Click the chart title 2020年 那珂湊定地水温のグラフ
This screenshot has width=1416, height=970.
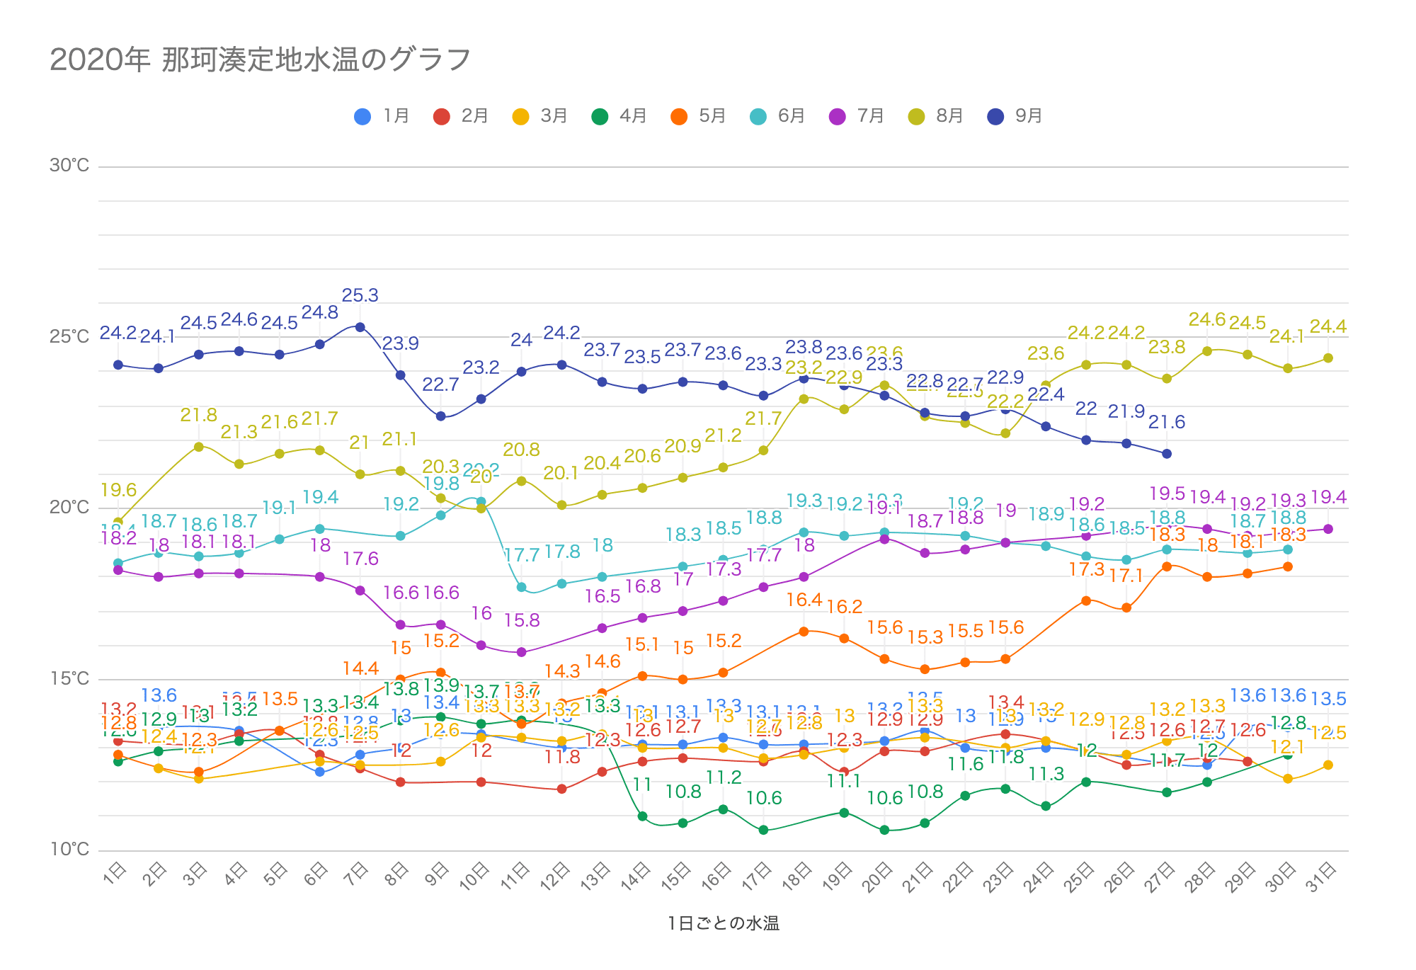pos(260,60)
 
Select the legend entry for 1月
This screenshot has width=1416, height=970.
pos(382,116)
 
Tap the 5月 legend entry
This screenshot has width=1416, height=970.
pos(698,116)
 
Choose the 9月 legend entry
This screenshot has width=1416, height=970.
pos(1015,116)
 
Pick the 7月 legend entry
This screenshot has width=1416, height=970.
pos(857,116)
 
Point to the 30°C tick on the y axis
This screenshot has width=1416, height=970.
pos(69,166)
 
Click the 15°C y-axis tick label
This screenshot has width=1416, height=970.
pos(69,679)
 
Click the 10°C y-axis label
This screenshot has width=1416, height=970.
pos(69,849)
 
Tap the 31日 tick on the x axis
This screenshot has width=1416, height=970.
pos(1322,879)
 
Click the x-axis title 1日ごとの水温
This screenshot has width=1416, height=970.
pos(723,923)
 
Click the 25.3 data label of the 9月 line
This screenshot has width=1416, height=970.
pos(360,295)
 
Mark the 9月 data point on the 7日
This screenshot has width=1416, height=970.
pos(360,327)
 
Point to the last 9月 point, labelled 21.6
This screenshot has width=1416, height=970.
pos(1167,454)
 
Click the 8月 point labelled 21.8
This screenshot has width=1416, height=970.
pos(199,447)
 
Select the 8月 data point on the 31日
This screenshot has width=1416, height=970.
pos(1328,358)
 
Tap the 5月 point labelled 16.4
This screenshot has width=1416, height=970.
pos(804,632)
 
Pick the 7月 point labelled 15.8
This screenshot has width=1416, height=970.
pos(522,652)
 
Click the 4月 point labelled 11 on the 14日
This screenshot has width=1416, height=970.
pos(643,816)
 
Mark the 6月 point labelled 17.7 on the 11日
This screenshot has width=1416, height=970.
pos(522,587)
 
